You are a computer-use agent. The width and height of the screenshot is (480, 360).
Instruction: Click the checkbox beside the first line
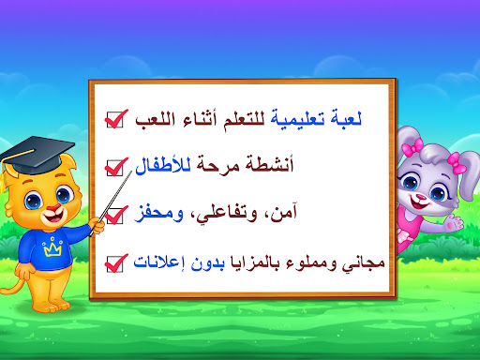pyautogui.click(x=114, y=120)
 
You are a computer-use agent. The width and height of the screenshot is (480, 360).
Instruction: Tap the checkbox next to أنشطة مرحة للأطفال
pyautogui.click(x=114, y=168)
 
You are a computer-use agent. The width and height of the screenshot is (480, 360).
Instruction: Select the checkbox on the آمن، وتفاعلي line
pyautogui.click(x=114, y=216)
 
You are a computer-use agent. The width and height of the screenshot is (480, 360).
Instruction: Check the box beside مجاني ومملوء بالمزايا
pyautogui.click(x=114, y=264)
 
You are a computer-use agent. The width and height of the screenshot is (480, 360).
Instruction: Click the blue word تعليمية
pyautogui.click(x=297, y=119)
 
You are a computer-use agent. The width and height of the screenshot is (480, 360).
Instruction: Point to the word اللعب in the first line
pyautogui.click(x=155, y=120)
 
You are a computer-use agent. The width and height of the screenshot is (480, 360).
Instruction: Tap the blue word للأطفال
pyautogui.click(x=163, y=165)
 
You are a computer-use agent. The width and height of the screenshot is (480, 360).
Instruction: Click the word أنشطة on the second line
pyautogui.click(x=269, y=164)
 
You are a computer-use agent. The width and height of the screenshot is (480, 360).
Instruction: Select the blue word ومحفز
pyautogui.click(x=158, y=213)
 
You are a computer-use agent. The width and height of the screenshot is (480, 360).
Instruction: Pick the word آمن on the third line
pyautogui.click(x=284, y=213)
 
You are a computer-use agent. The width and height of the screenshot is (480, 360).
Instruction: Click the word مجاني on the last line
pyautogui.click(x=363, y=264)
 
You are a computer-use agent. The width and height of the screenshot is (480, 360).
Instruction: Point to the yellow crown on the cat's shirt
pyautogui.click(x=52, y=247)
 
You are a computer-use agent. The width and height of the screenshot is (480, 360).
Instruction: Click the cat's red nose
pyautogui.click(x=53, y=207)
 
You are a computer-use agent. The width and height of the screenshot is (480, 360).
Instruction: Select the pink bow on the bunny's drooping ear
pyautogui.click(x=457, y=163)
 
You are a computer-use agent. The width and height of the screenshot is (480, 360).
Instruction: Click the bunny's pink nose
pyautogui.click(x=421, y=197)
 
